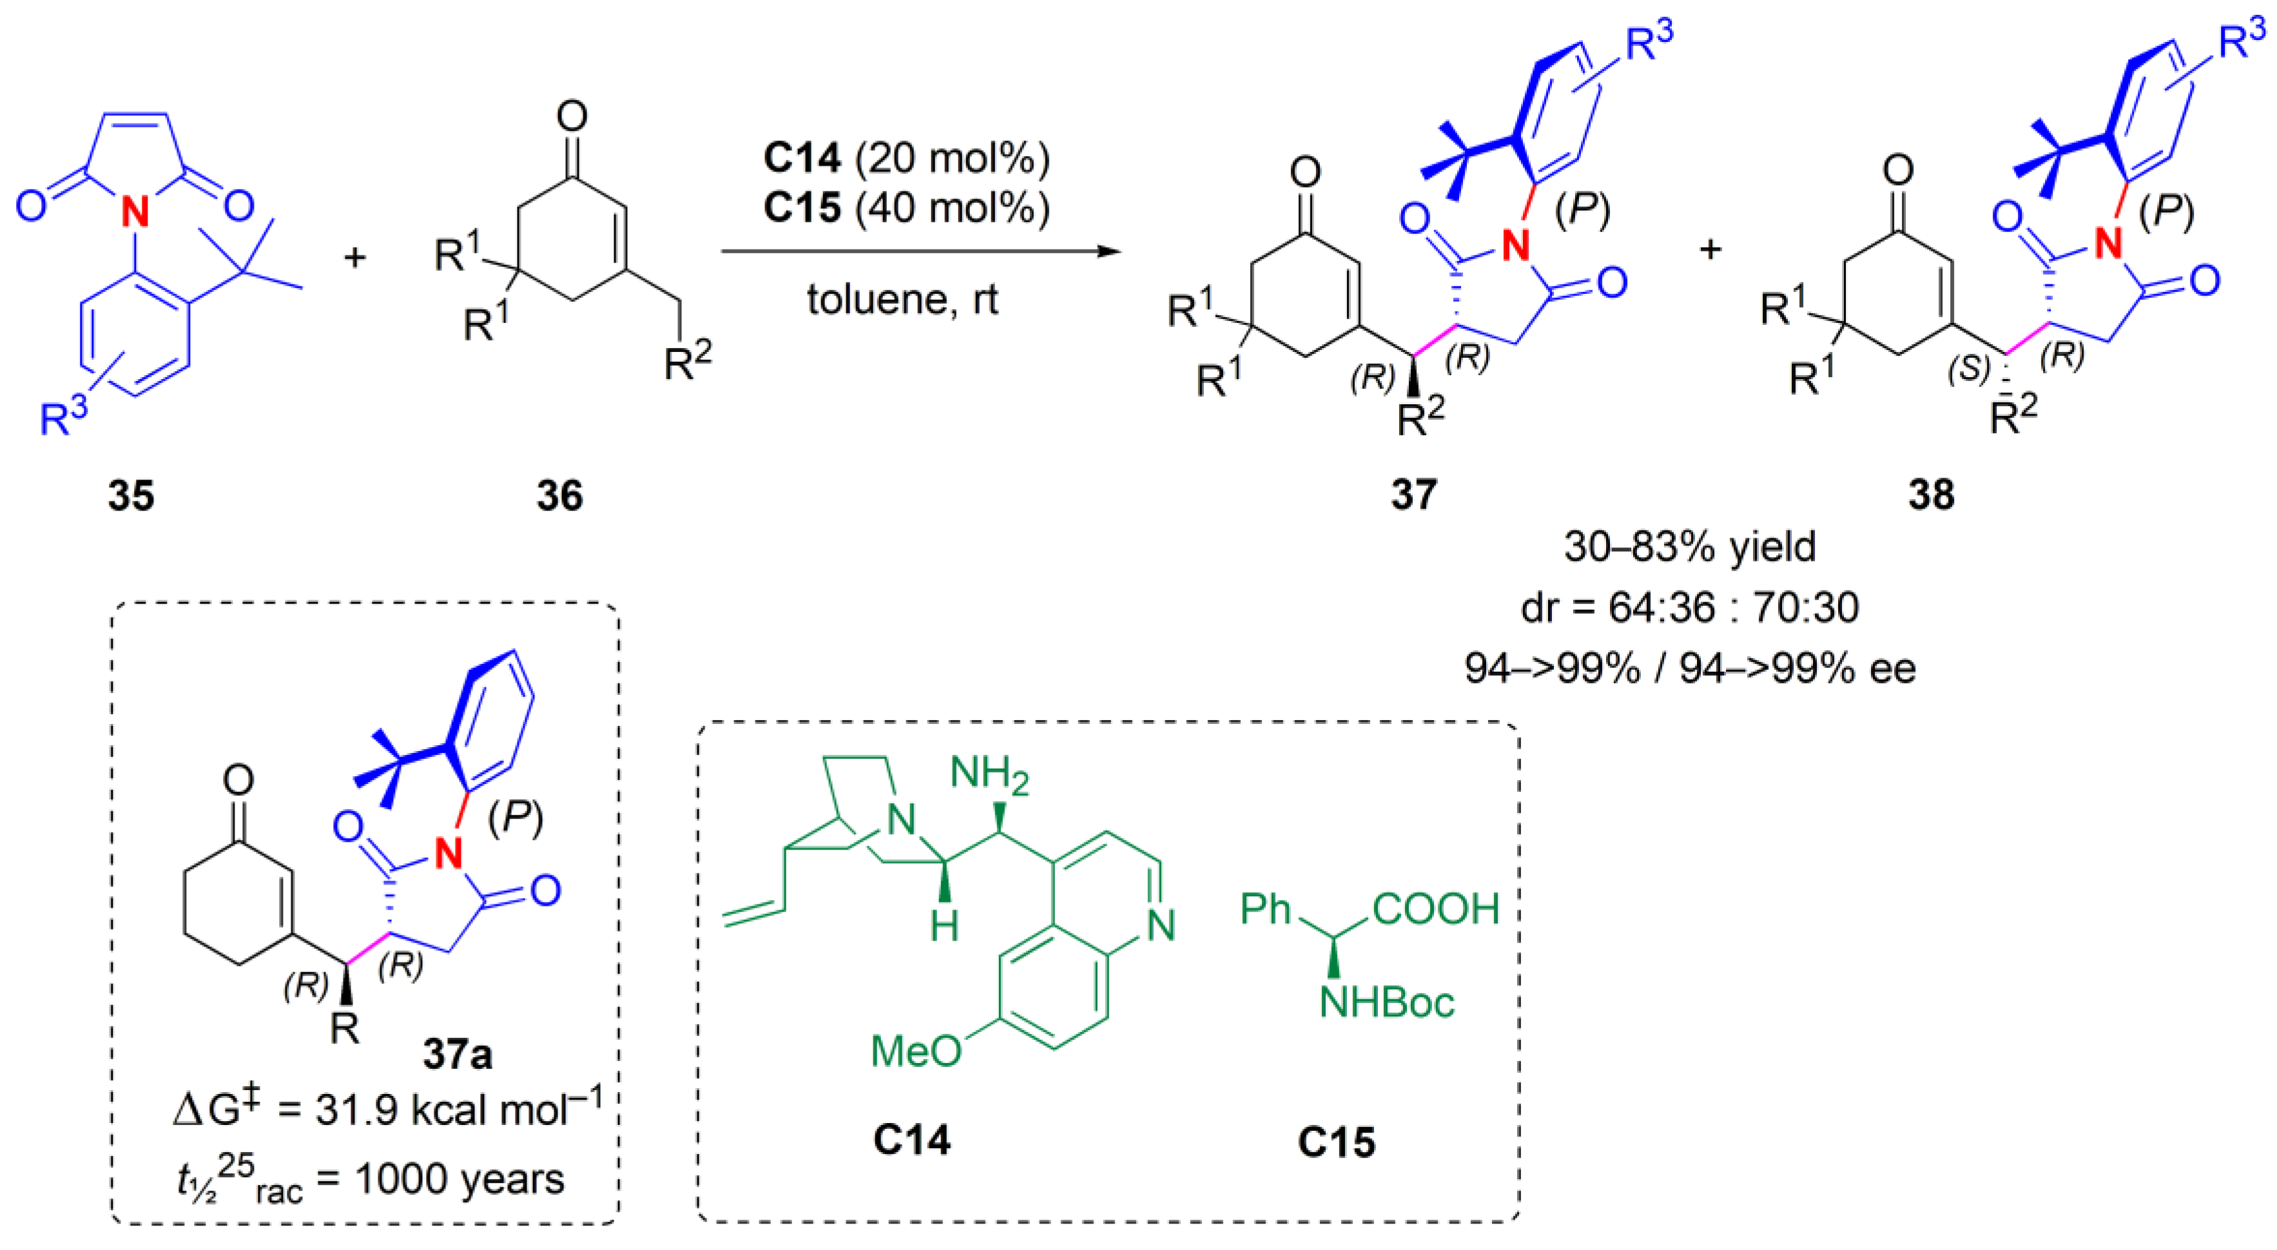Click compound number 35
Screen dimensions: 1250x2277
[x=131, y=495]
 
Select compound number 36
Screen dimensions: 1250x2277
[x=559, y=495]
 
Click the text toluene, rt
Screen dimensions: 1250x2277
[x=902, y=300]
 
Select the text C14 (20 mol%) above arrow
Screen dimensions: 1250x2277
[x=906, y=158]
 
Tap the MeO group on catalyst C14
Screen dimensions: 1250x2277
[x=915, y=1051]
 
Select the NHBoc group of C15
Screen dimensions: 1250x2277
[x=1386, y=1002]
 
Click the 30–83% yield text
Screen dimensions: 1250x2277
[x=1689, y=547]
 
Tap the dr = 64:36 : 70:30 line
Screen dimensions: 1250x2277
[x=1689, y=607]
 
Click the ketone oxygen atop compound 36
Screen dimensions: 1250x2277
[x=572, y=116]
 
